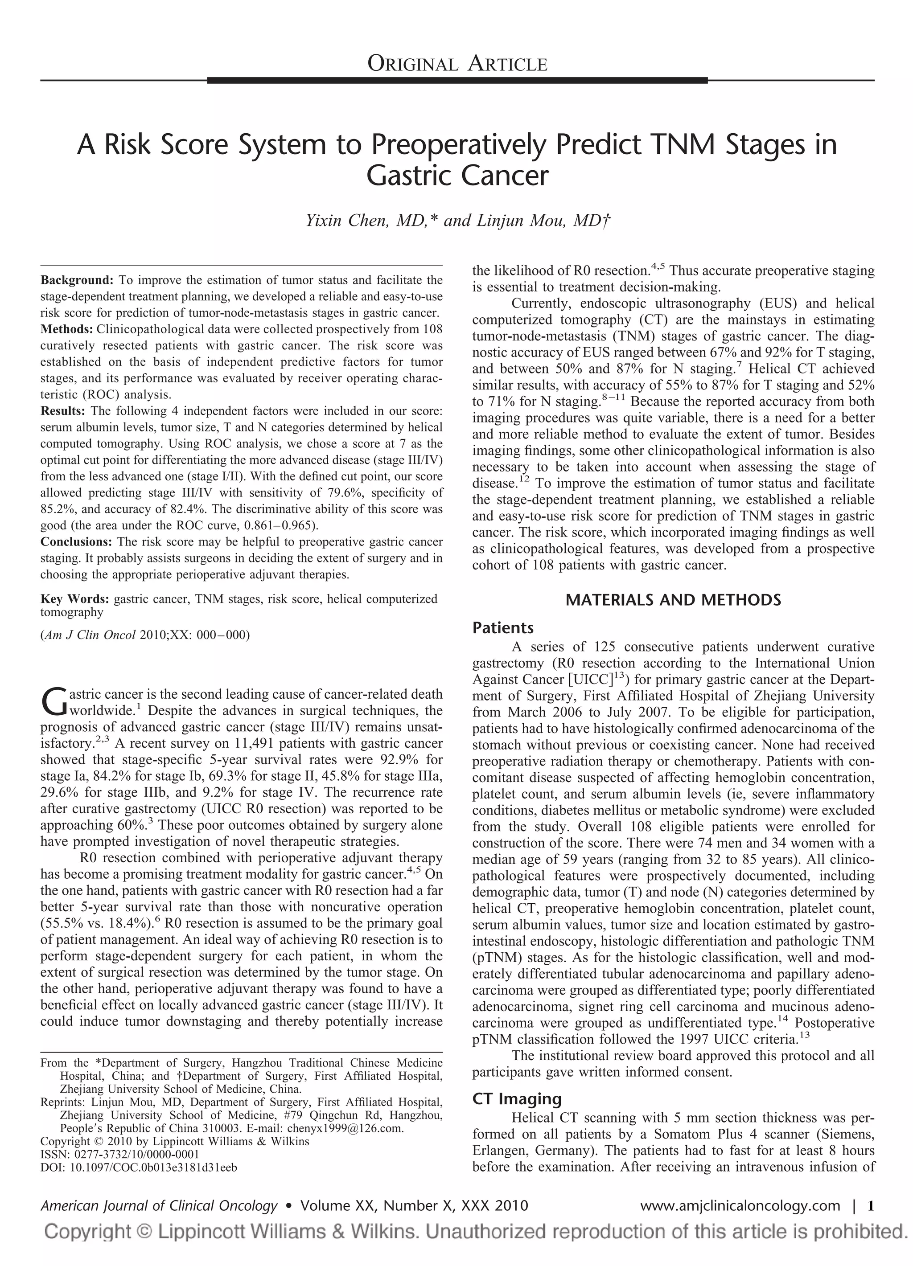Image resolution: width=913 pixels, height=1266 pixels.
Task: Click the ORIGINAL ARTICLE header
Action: click(x=457, y=65)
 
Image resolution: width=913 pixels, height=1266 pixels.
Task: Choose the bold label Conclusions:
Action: click(x=77, y=541)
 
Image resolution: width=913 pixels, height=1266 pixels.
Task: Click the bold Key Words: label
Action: click(x=75, y=599)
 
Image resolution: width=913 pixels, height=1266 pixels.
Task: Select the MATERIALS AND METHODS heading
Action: click(x=673, y=600)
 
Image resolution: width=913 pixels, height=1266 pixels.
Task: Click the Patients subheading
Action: click(x=502, y=628)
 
